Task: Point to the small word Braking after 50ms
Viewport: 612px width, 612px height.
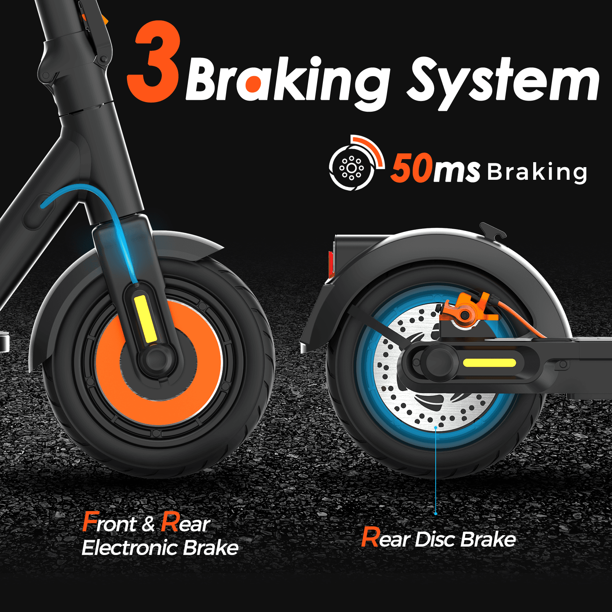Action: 537,172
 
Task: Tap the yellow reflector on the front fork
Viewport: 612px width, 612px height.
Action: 145,319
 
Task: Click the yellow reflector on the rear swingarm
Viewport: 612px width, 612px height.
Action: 489,363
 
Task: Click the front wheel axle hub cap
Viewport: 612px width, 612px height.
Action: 155,358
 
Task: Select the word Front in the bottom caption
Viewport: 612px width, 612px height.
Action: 109,522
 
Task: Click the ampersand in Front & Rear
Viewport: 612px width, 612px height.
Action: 148,524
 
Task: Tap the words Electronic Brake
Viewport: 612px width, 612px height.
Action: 160,547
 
